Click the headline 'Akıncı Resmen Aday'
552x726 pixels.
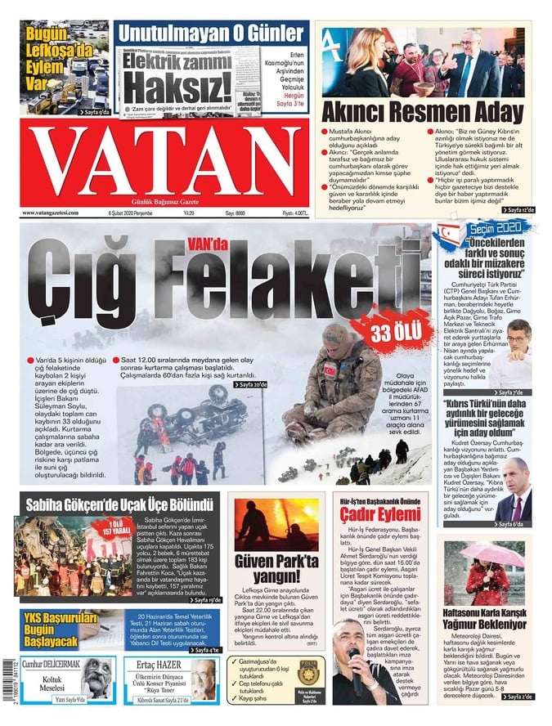[x=422, y=111]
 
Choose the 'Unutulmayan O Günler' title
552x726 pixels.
[x=212, y=34]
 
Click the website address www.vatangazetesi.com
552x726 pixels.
[x=51, y=213]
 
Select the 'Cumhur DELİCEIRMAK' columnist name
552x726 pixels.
[x=52, y=663]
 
